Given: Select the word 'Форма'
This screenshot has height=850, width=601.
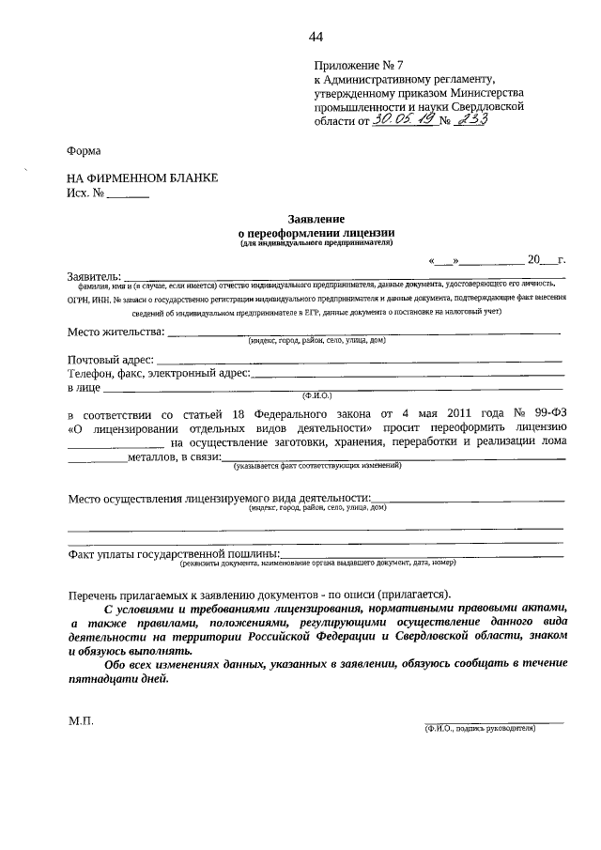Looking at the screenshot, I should click(84, 150).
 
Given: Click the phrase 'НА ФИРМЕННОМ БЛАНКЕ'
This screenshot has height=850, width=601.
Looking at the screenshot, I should click(142, 178).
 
